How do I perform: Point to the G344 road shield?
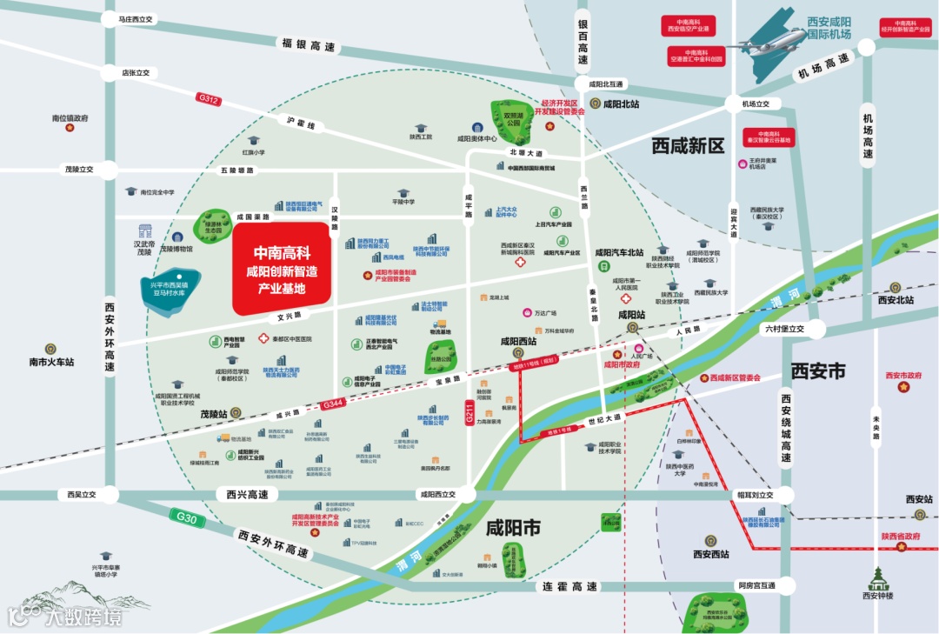[333, 404]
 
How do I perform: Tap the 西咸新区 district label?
[688, 146]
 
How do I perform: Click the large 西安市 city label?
[818, 371]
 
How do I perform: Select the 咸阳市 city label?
[513, 528]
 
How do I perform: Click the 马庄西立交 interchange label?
[129, 18]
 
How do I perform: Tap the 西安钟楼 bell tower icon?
[877, 577]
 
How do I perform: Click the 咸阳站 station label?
[632, 314]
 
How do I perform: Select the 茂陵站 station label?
[214, 415]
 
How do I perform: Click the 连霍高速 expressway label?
[570, 587]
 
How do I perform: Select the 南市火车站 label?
[51, 362]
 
